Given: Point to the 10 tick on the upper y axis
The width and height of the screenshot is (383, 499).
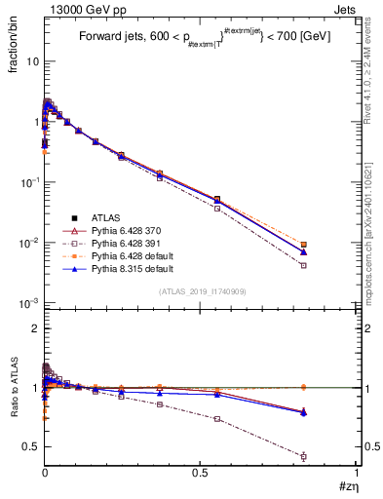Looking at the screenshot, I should click(31, 60).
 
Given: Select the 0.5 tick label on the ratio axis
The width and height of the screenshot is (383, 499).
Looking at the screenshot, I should click(31, 446).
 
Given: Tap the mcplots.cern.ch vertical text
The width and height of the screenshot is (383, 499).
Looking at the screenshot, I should click(370, 244).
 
